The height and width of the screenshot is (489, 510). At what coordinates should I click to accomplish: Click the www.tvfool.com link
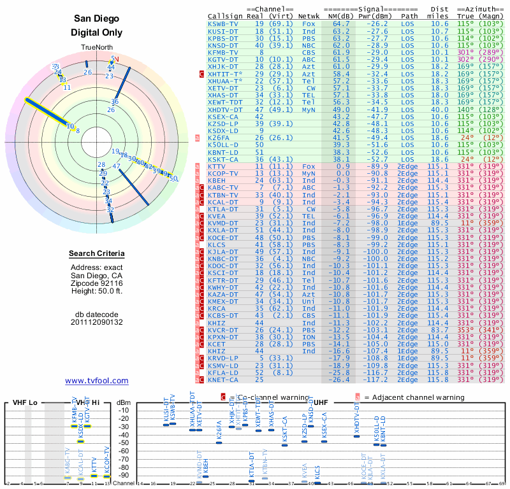pos(96,381)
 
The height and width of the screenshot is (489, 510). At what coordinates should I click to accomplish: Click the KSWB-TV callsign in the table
pos(223,24)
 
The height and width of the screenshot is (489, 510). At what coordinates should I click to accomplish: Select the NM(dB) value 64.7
pos(340,24)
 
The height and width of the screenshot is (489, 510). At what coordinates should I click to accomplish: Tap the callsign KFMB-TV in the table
pos(223,52)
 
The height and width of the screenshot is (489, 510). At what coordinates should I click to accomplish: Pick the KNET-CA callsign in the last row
pos(223,379)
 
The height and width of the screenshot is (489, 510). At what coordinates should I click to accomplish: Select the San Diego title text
pos(96,18)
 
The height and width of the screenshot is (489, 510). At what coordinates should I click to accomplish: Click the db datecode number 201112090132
pos(96,322)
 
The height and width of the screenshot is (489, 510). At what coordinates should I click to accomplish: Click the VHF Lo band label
pos(24,403)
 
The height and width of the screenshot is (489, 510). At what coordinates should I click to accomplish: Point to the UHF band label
pos(321,403)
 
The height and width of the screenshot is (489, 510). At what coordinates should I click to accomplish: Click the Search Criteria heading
pos(96,254)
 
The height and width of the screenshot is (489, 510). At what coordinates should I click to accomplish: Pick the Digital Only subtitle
pos(96,32)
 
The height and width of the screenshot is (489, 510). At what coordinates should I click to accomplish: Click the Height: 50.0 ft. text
pos(96,291)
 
